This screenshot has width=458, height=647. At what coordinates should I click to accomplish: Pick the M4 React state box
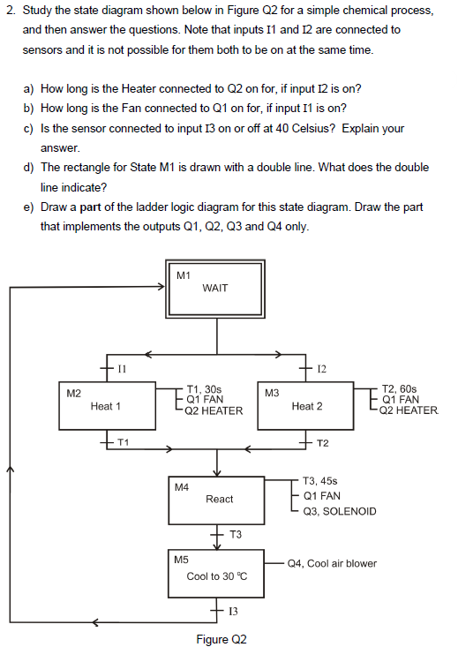click(219, 500)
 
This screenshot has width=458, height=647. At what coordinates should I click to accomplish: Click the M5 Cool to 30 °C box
click(217, 575)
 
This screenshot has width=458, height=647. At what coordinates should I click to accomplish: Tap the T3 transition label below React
click(235, 535)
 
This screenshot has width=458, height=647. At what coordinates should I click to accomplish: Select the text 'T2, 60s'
click(402, 387)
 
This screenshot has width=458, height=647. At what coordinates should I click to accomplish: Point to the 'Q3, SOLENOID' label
click(339, 511)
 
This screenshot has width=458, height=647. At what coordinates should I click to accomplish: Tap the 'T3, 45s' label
click(319, 481)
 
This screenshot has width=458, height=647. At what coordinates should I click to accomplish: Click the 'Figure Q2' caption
click(221, 638)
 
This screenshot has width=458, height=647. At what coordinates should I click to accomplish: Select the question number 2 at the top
click(9, 11)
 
